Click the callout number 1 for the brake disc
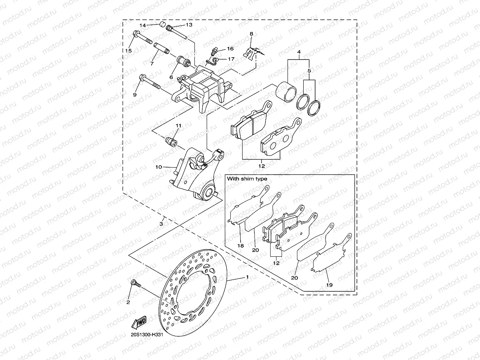[x=247, y=277]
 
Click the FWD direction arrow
[x=139, y=322]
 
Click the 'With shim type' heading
[x=247, y=179]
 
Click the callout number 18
[x=240, y=245]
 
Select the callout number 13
[x=189, y=25]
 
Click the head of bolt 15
[x=136, y=34]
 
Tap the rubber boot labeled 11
[x=171, y=141]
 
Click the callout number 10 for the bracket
[x=159, y=167]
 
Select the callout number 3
[x=161, y=224]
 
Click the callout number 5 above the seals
[x=309, y=71]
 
